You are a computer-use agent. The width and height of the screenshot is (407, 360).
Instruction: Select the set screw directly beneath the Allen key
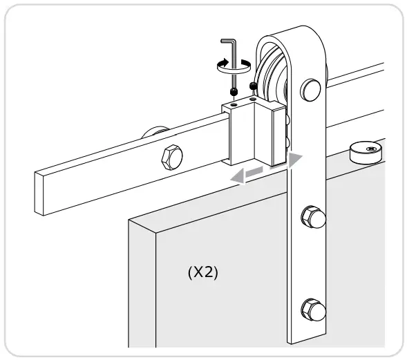(236, 91)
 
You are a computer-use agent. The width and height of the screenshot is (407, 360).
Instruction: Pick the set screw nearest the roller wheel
(253, 86)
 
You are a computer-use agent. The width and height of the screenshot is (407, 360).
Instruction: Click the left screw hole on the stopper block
(234, 104)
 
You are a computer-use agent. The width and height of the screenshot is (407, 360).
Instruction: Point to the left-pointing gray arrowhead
(238, 178)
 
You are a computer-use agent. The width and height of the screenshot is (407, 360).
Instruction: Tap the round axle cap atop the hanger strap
(311, 89)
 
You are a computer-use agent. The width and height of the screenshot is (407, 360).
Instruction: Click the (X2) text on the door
(202, 272)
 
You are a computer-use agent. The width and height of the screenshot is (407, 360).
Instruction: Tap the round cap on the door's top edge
(365, 151)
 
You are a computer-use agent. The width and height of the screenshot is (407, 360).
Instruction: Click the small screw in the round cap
(372, 146)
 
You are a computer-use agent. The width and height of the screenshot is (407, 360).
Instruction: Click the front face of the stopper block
(243, 135)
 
